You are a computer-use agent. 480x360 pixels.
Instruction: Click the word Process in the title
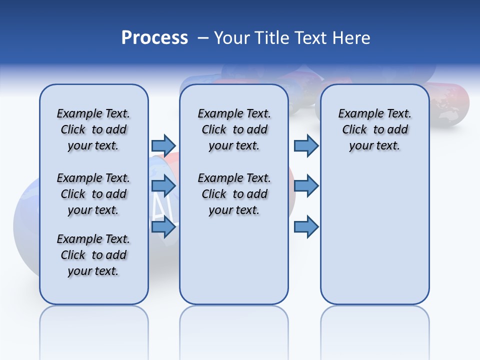pos(154,38)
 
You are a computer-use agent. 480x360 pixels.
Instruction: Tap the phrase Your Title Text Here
pos(292,38)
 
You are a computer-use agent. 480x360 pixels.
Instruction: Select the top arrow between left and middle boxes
pos(163,145)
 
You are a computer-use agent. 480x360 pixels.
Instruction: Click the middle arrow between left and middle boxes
pos(163,186)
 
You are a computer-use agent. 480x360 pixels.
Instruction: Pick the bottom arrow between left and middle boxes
pos(163,227)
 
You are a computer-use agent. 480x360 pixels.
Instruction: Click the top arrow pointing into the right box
pos(306,145)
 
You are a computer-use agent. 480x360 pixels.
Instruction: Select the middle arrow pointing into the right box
pos(306,186)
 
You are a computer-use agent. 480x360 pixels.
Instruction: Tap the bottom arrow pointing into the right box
pos(306,227)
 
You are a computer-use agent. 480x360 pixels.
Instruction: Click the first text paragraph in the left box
pos(93,129)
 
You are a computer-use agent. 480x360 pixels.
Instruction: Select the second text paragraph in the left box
pos(93,194)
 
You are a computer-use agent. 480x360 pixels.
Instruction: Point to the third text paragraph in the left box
pos(93,255)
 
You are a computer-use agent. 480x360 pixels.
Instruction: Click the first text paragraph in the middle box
pos(234,129)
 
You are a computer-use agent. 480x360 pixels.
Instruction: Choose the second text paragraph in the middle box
pos(234,194)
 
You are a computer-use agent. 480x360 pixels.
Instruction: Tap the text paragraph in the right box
pos(374,129)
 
